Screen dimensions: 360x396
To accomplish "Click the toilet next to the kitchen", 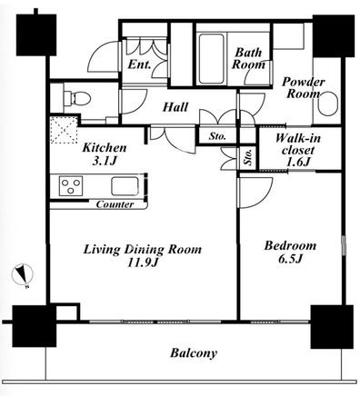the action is pos(77,98).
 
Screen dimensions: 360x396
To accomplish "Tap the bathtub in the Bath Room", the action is pos(212,59).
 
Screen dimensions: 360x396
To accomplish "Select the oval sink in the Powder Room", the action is pos(328,104).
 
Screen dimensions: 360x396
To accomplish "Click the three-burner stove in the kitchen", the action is pos(71,185).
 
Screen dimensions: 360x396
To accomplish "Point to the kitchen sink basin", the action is pos(125,186).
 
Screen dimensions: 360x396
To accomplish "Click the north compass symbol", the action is pos(23,275).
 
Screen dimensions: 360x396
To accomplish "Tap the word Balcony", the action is pos(194,353).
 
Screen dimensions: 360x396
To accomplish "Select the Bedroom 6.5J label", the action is pos(290,252).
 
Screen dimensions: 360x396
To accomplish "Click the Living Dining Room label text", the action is pos(143,250).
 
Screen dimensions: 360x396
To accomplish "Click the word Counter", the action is pos(115,204).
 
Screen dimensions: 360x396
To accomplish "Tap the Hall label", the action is pos(175,107).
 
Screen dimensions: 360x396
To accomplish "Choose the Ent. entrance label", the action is pos(139,64).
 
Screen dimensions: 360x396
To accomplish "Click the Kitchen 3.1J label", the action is pos(105,154).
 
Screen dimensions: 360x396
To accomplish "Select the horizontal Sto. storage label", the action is pos(217,136).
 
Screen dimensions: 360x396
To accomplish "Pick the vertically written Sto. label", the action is pos(248,157).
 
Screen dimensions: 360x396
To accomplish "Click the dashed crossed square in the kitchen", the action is pos(64,130).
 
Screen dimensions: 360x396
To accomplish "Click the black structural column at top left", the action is pos(36,35).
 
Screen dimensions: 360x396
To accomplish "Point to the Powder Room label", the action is pos(304,88).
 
